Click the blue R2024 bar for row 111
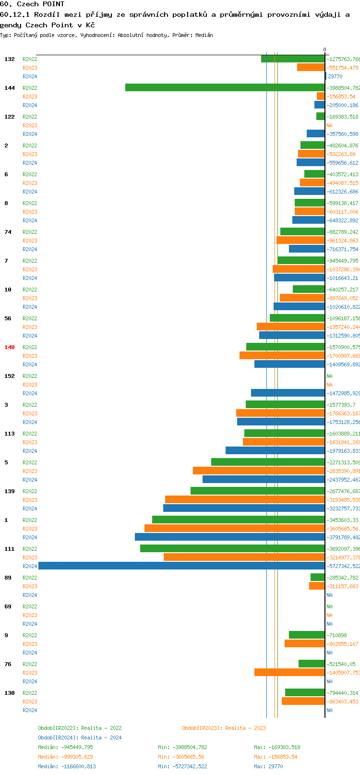pyautogui.click(x=181, y=566)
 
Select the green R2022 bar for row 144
pyautogui.click(x=225, y=87)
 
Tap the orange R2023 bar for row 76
pyautogui.click(x=289, y=672)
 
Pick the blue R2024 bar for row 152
pyautogui.click(x=288, y=393)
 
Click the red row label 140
pyautogui.click(x=10, y=347)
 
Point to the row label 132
pyautogui.click(x=10, y=59)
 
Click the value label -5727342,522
pyautogui.click(x=343, y=566)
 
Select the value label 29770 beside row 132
pyautogui.click(x=335, y=76)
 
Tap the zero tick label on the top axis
pyautogui.click(x=324, y=49)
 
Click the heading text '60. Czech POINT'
pyautogui.click(x=32, y=4)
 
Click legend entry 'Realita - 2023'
pyautogui.click(x=224, y=728)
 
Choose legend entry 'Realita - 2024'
pyautogui.click(x=80, y=738)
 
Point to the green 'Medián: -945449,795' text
pyautogui.click(x=65, y=747)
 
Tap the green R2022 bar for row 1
pyautogui.click(x=239, y=520)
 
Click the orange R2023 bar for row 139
pyautogui.click(x=245, y=499)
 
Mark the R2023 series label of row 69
pyautogui.click(x=30, y=615)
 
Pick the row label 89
pyautogui.click(x=8, y=578)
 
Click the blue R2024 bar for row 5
pyautogui.click(x=264, y=479)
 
